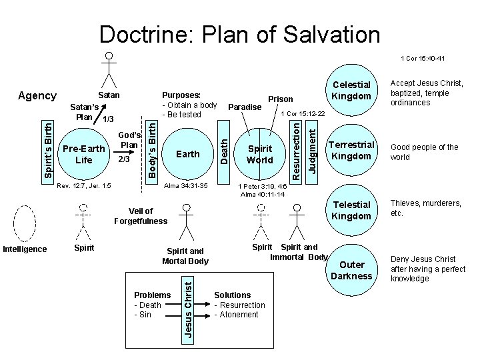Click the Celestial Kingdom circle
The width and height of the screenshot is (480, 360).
[351, 91]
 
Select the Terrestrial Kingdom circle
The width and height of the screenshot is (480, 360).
[351, 151]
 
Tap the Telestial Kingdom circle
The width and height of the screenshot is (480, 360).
[351, 211]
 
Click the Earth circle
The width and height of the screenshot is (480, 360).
[187, 154]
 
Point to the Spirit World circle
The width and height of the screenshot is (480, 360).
[259, 154]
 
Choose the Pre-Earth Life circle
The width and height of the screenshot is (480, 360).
[84, 154]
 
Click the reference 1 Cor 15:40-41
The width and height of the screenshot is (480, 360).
[423, 59]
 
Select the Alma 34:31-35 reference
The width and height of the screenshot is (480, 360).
[186, 185]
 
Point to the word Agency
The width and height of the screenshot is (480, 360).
[37, 96]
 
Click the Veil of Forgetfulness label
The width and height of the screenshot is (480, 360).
[141, 216]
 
